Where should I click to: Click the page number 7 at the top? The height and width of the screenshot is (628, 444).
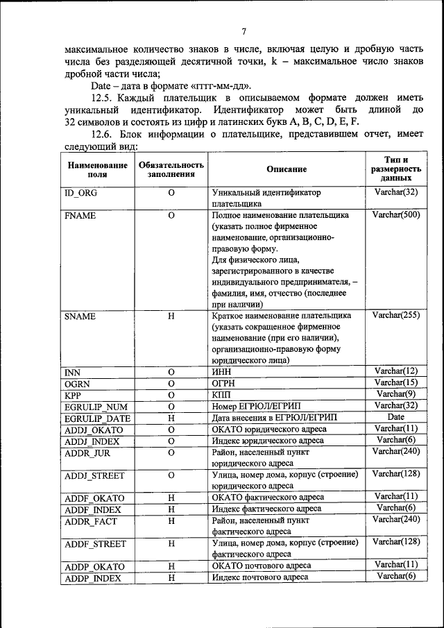pos(244,31)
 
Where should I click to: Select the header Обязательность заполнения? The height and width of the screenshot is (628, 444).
pos(170,169)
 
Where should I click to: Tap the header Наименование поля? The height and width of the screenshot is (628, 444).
pos(97,169)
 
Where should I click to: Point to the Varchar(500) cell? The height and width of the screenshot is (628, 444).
pos(395,215)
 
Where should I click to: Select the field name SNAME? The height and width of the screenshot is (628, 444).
pos(80,316)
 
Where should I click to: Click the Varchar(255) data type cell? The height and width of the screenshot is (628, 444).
pos(395,315)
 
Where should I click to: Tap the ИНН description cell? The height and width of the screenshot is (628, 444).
pos(221,372)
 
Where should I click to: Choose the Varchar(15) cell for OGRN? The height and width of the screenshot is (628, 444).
pos(395,383)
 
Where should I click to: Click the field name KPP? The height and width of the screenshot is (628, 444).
pos(74,395)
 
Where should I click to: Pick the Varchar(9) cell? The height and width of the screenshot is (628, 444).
pos(395,394)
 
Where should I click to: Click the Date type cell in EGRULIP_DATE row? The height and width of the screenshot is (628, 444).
pos(395,417)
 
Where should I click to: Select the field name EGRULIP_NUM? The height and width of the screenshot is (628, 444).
pos(96,406)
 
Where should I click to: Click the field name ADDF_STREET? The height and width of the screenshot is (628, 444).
pos(94,543)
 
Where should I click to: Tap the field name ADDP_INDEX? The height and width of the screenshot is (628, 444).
pos(92,578)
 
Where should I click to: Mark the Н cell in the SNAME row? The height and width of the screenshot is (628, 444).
pos(170,316)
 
